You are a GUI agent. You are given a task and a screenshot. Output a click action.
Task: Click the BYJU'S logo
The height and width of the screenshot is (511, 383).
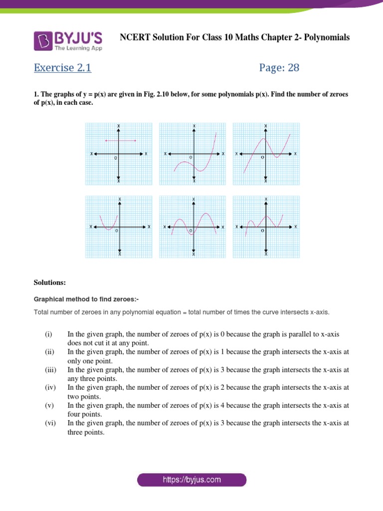tap(68, 41)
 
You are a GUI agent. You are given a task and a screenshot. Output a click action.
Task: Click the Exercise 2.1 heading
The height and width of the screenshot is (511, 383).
tap(62, 68)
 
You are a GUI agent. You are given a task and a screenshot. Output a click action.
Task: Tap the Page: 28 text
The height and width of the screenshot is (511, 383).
tap(279, 68)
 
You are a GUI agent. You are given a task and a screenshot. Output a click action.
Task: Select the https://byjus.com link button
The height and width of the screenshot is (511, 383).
tap(191, 480)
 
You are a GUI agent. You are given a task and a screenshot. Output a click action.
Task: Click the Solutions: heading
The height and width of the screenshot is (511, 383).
tap(49, 282)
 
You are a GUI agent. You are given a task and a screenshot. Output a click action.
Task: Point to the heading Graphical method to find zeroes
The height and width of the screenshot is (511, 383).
tap(85, 300)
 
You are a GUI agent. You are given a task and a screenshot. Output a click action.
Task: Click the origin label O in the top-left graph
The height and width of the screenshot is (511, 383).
tap(115, 158)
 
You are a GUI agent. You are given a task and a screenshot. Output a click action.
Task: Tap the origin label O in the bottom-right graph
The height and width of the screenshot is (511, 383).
tap(262, 231)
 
